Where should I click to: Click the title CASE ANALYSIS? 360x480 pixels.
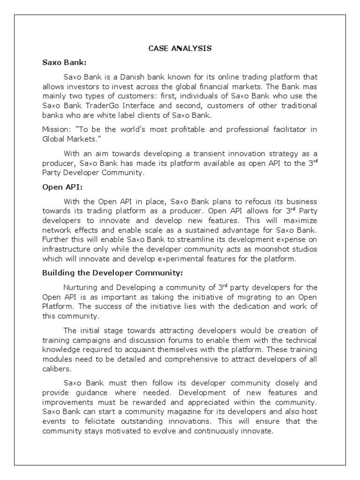pyautogui.click(x=180, y=48)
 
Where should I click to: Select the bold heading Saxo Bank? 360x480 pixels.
pyautogui.click(x=62, y=62)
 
